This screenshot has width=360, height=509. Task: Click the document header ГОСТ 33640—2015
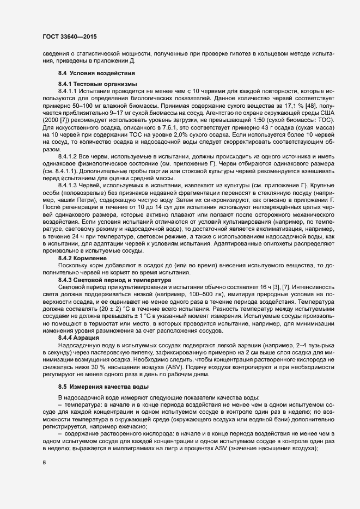(x=70, y=37)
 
